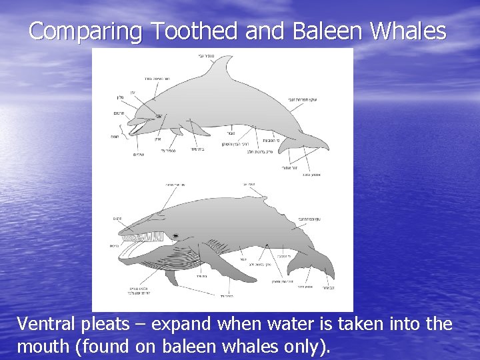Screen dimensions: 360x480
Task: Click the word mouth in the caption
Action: (44, 347)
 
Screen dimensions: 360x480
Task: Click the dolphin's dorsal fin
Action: (224, 71)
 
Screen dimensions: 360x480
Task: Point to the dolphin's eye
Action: (159, 116)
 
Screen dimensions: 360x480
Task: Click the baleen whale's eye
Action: (175, 236)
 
